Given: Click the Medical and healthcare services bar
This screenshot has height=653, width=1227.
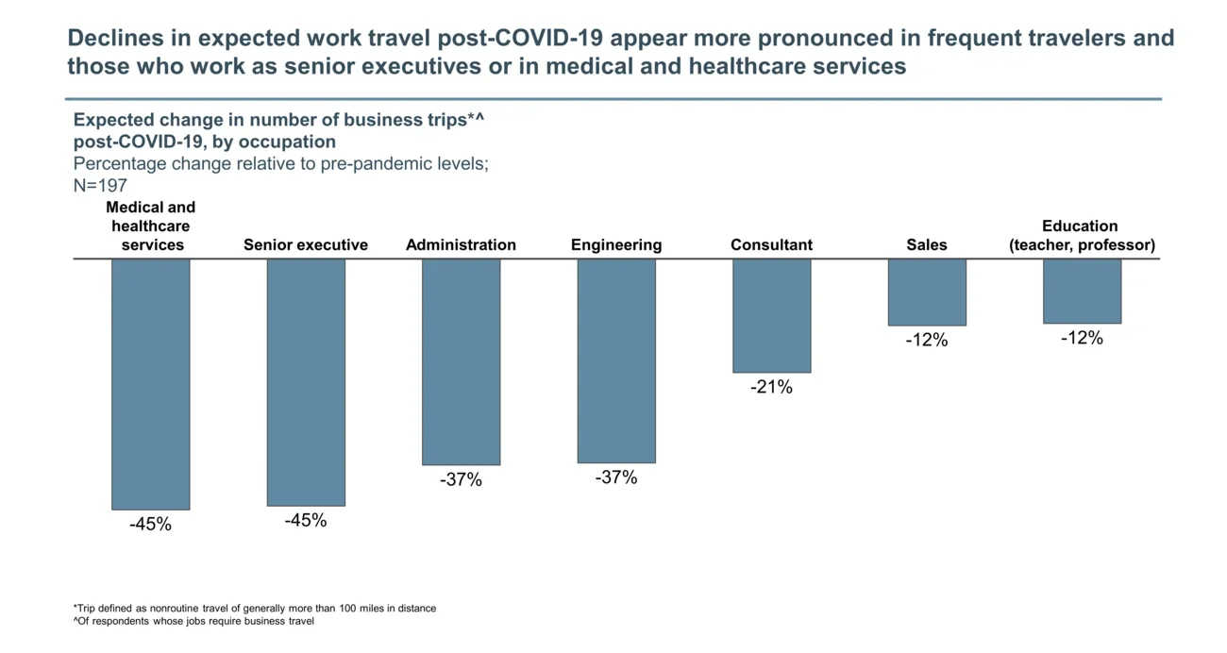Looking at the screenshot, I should coord(151,384).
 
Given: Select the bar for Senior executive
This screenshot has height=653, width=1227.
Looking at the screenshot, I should coord(306,382).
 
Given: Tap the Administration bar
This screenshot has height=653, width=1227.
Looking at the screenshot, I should coord(461,361).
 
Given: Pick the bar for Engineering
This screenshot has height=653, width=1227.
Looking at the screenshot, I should coord(616,360).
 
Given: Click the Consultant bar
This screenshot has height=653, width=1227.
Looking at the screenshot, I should coord(771,315).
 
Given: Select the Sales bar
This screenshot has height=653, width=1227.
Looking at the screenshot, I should coord(927,292).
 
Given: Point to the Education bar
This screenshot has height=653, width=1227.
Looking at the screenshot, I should coord(1082,291).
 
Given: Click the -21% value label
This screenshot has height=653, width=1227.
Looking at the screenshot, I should coord(771,387).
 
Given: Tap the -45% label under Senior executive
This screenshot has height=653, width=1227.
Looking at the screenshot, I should coord(306,521).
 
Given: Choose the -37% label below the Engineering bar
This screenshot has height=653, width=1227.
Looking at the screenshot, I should coord(616,477).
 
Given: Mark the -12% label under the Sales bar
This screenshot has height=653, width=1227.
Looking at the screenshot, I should coord(927,340).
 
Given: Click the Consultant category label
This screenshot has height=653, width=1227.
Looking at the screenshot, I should coord(771,245).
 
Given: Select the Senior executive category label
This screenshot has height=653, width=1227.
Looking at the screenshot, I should coord(306,245).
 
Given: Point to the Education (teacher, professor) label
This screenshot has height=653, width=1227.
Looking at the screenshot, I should coord(1082,236).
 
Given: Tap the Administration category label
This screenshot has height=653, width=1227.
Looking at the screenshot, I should coord(461,245).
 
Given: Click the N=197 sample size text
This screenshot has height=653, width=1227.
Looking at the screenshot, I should coord(100,186).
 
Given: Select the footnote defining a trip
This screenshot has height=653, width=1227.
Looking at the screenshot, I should coord(255,609).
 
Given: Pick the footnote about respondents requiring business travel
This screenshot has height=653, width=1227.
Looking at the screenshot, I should coord(193,622).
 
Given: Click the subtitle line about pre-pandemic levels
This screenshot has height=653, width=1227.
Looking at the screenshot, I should coord(280,164).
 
